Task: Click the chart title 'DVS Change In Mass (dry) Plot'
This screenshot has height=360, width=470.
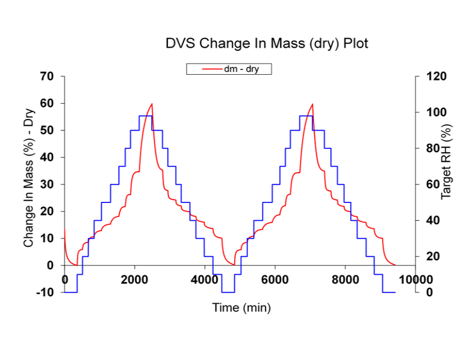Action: pyautogui.click(x=267, y=44)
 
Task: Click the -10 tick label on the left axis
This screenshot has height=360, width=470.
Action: pyautogui.click(x=46, y=292)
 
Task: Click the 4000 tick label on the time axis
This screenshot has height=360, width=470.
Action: pyautogui.click(x=204, y=279)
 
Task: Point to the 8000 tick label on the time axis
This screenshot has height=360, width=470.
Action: pyautogui.click(x=345, y=279)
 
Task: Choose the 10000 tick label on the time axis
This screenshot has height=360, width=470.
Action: pyautogui.click(x=415, y=279)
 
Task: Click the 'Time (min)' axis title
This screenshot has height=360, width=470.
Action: pyautogui.click(x=241, y=308)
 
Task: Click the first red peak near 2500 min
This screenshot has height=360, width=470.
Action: pyautogui.click(x=152, y=104)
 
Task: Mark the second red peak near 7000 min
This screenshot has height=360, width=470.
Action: pyautogui.click(x=312, y=104)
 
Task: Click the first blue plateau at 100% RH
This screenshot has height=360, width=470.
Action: pyautogui.click(x=146, y=116)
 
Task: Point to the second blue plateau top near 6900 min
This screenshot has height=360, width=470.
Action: pyautogui.click(x=306, y=116)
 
